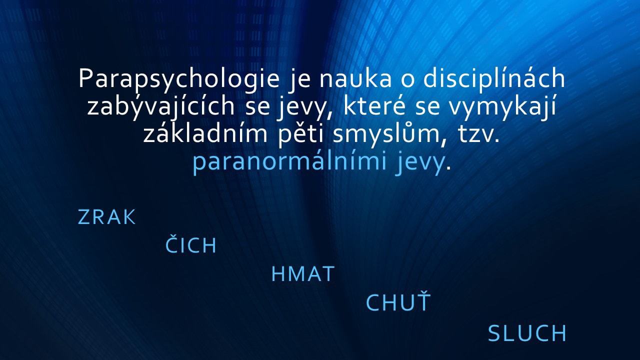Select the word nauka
[x=355, y=78]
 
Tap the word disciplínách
[x=494, y=78]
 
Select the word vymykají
[x=502, y=107]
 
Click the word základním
[x=205, y=132]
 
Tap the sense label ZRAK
[x=106, y=217]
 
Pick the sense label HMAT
[x=303, y=274]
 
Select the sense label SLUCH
[x=527, y=333]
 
